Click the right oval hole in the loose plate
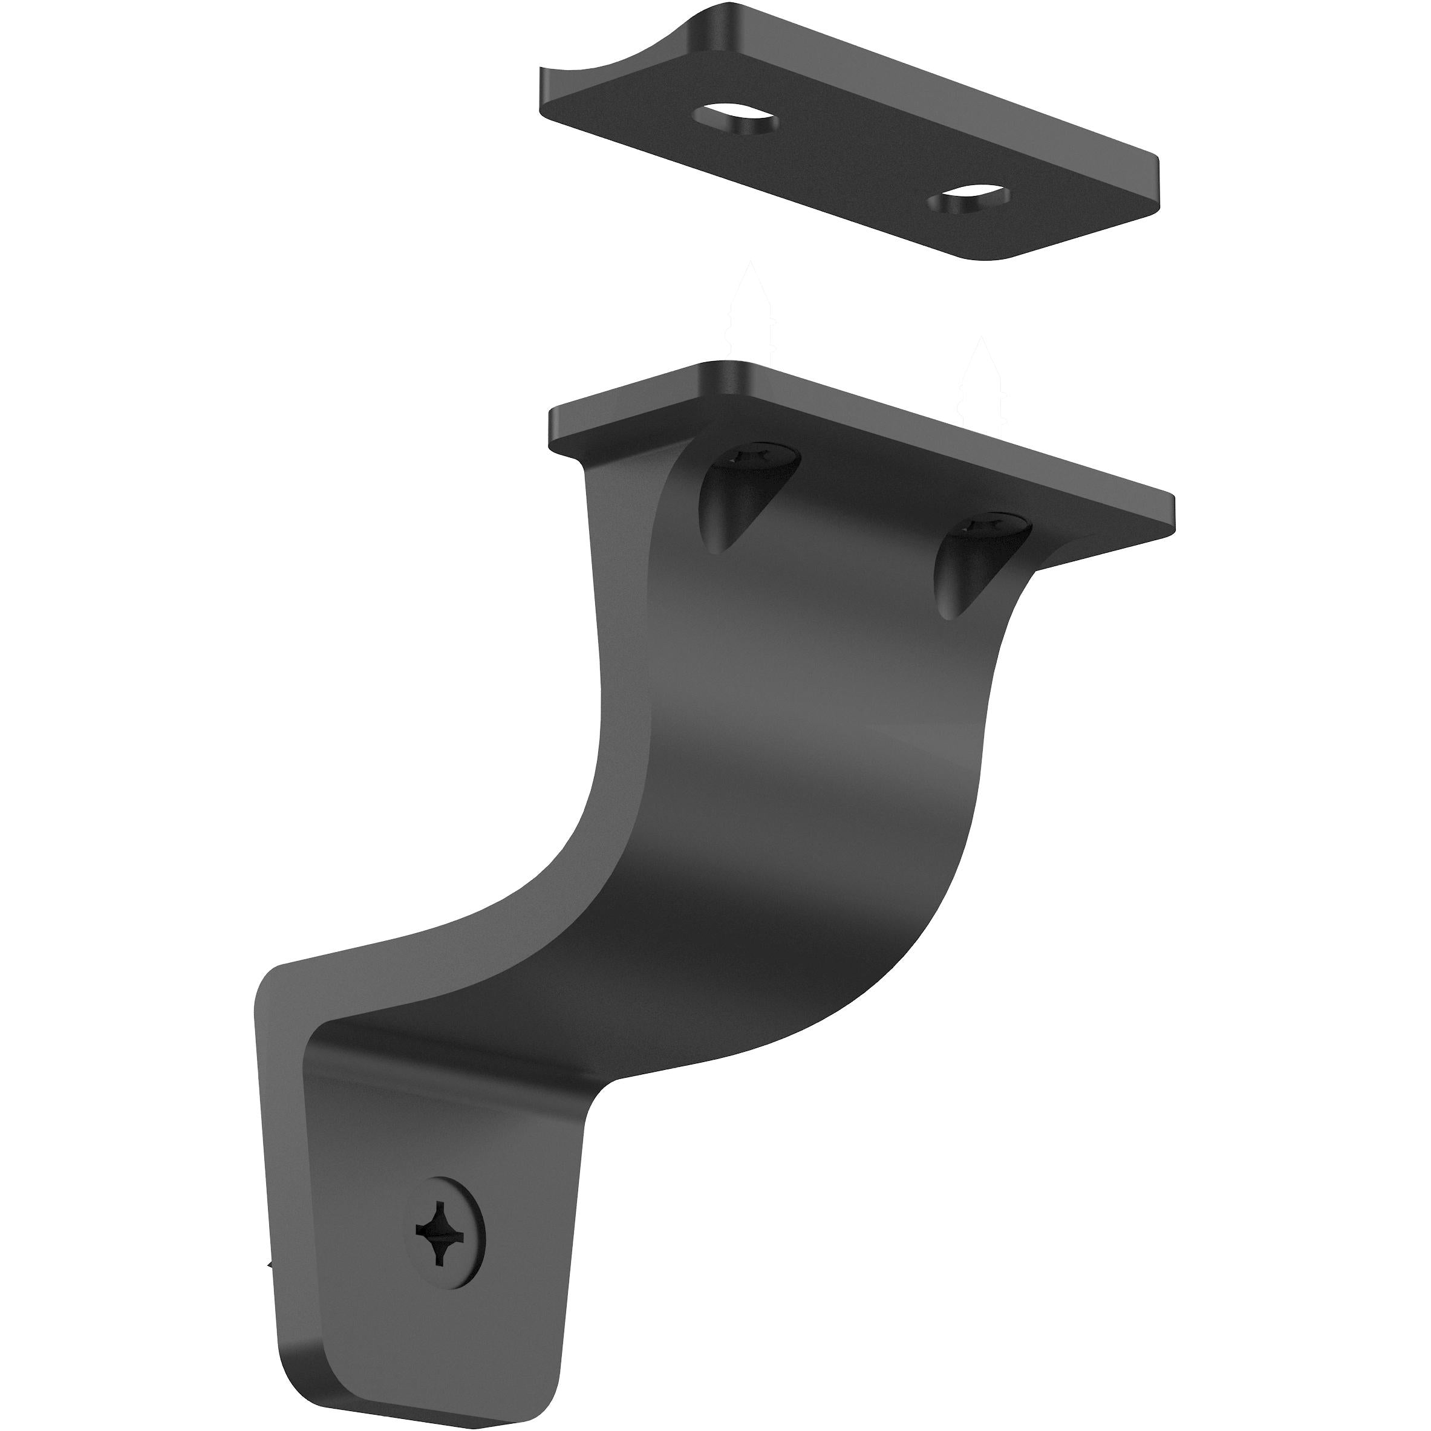coord(970,202)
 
